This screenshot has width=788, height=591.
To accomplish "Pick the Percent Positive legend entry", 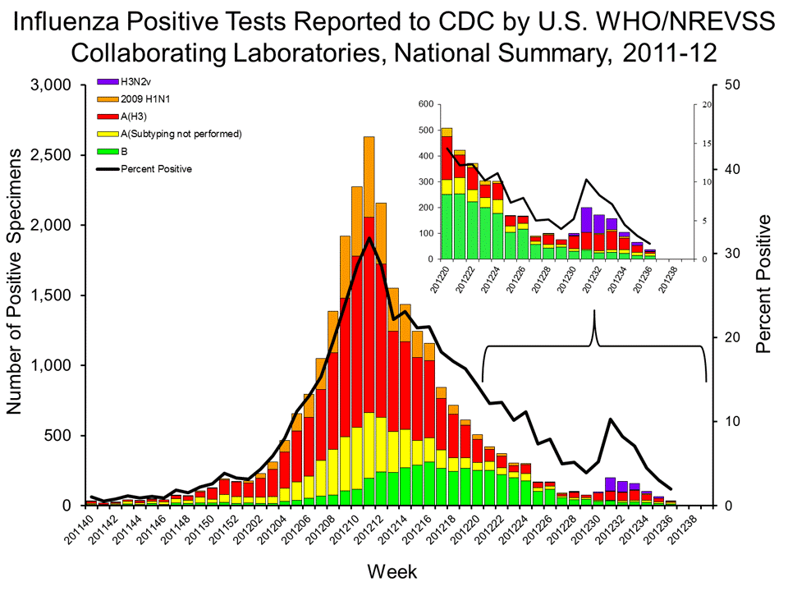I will click(156, 169).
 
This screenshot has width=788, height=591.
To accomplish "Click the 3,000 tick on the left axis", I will click(53, 85).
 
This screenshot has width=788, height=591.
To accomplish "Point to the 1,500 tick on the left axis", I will click(53, 295).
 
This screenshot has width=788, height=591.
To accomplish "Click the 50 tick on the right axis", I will click(729, 85).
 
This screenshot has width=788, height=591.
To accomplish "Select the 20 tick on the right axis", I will click(729, 337).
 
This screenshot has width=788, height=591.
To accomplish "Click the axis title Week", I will click(392, 570).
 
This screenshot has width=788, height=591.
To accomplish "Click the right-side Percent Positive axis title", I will click(764, 284).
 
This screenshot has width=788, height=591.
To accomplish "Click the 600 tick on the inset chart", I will click(423, 104).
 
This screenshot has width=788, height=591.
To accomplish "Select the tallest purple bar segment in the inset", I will click(586, 220).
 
